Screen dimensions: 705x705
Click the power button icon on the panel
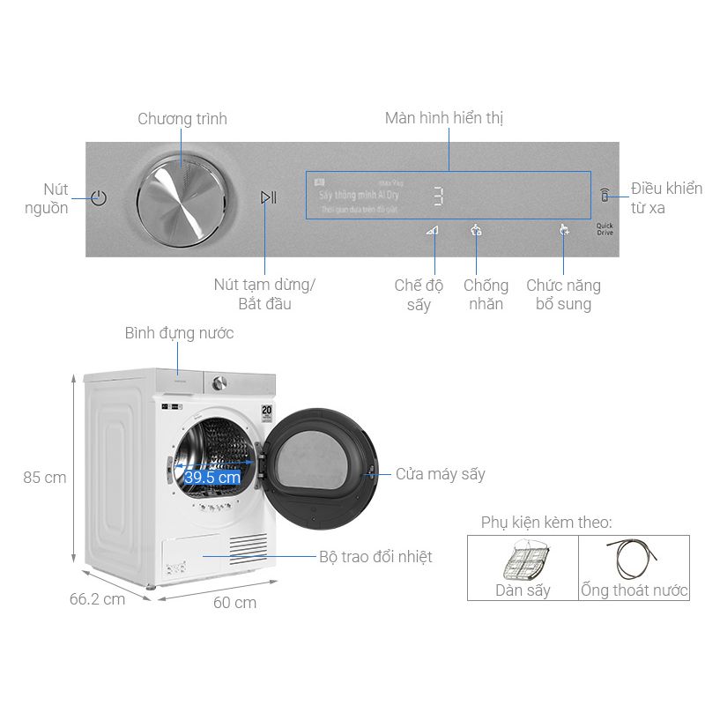click(99, 197)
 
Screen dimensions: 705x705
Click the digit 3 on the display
click(438, 197)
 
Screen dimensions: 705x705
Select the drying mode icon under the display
click(432, 231)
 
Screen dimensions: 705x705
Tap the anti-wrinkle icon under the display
click(477, 231)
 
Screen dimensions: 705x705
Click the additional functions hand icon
click(564, 231)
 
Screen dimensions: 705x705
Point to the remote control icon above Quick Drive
click(605, 197)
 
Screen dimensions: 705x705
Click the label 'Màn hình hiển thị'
click(444, 118)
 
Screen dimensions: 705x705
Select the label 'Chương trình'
click(182, 119)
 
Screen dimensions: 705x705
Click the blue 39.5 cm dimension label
click(212, 478)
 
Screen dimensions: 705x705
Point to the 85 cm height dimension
click(45, 478)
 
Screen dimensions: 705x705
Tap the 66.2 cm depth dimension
click(97, 599)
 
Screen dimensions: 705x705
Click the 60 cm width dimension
click(235, 603)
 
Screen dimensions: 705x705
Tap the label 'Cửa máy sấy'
click(440, 474)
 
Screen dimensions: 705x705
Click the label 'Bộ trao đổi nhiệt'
click(375, 557)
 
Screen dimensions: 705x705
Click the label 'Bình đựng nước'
click(179, 333)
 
